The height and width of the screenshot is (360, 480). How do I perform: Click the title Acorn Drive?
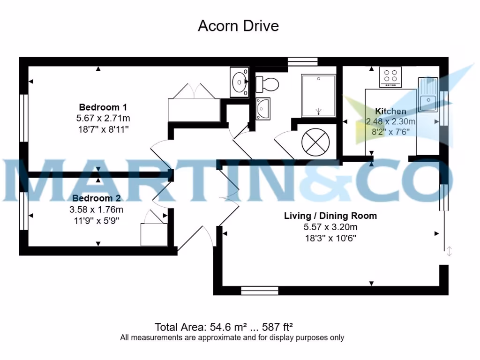pos(238,25)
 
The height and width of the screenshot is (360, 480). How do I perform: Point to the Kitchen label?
pos(390,111)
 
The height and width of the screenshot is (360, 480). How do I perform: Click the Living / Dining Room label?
pos(330,216)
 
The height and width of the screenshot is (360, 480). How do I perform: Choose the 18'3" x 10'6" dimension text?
pos(330,238)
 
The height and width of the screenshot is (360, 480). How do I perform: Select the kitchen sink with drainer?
pos(427,95)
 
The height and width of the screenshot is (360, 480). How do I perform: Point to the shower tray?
pos(318,96)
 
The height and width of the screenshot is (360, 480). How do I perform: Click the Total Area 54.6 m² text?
pos(227,327)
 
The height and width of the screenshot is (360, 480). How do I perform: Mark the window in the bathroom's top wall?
pos(302,61)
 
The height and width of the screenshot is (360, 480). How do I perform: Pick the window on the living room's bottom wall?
pos(259,291)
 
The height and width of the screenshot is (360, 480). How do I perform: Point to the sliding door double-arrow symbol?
pos(449,251)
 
